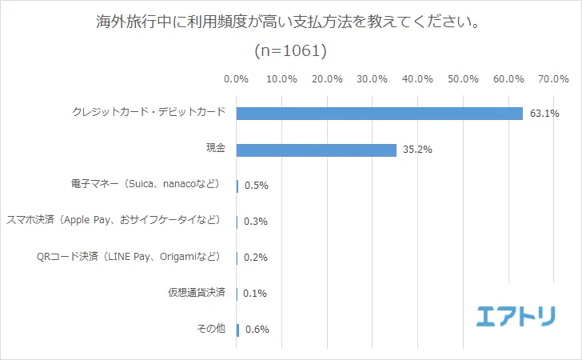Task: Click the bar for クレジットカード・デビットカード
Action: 380,114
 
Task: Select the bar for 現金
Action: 317,150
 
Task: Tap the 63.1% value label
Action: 544,114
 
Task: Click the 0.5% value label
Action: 256,186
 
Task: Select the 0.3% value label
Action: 256,222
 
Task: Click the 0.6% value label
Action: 256,330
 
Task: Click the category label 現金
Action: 216,150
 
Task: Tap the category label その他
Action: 212,329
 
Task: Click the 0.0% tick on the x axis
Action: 237,79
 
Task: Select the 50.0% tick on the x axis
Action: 463,79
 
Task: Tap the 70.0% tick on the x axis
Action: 553,79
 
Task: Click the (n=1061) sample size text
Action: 291,51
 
